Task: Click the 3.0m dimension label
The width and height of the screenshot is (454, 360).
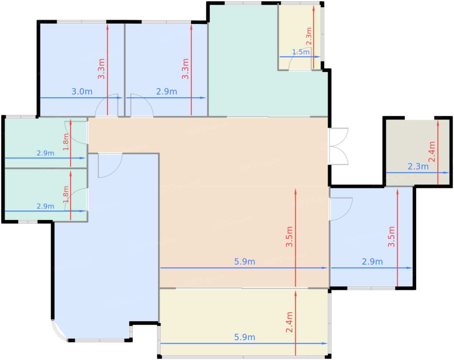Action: click(82, 91)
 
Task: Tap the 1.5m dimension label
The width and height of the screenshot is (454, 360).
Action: click(301, 52)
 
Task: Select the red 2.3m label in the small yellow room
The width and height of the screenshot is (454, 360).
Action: click(309, 36)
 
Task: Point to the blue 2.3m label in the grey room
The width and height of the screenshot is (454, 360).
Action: click(418, 167)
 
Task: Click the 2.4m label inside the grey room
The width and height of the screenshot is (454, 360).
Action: click(432, 152)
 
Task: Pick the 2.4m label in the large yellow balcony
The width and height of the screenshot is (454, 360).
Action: click(289, 322)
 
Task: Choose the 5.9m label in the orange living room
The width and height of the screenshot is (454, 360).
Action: click(245, 262)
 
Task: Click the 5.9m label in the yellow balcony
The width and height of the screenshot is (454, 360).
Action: click(245, 337)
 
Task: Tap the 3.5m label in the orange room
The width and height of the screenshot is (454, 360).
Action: click(289, 237)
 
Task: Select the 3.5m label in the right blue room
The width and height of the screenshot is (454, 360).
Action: click(391, 237)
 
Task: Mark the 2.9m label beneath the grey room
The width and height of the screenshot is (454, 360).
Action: click(372, 262)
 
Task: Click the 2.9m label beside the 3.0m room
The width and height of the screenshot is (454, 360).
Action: click(166, 91)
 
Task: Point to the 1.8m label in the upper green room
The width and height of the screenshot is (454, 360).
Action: click(66, 142)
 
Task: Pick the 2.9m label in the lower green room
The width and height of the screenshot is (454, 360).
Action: click(45, 206)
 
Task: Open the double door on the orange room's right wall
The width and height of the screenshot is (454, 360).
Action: click(339, 146)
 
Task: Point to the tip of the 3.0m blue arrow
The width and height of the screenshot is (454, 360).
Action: click(123, 98)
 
